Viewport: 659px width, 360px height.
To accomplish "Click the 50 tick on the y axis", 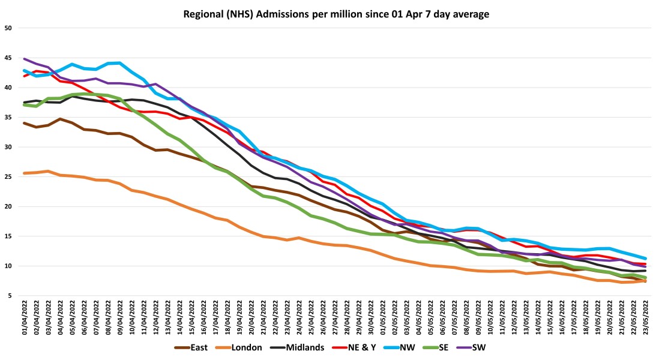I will (9, 28).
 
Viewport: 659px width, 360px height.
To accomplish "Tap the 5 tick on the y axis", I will (11, 296).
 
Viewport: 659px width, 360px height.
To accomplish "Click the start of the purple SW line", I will (25, 59).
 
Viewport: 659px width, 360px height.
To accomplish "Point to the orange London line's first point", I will (25, 173).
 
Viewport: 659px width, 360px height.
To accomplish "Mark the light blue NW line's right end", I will (645, 259).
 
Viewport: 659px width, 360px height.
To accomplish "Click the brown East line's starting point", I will (25, 123).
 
